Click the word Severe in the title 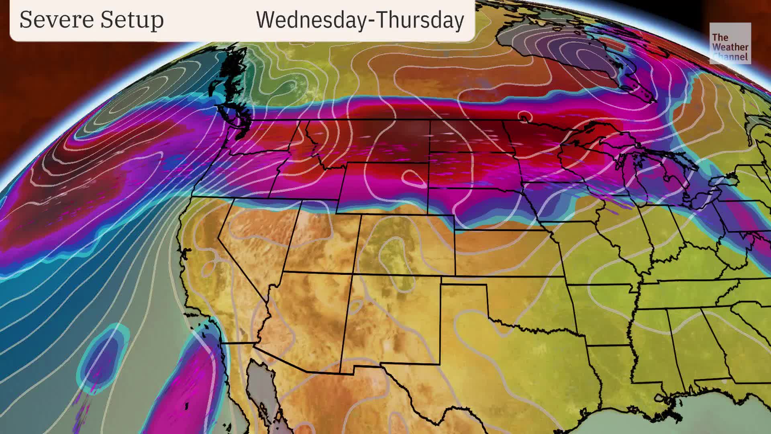tap(55, 20)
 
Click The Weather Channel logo tap(730, 43)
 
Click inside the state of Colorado tap(406, 245)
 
